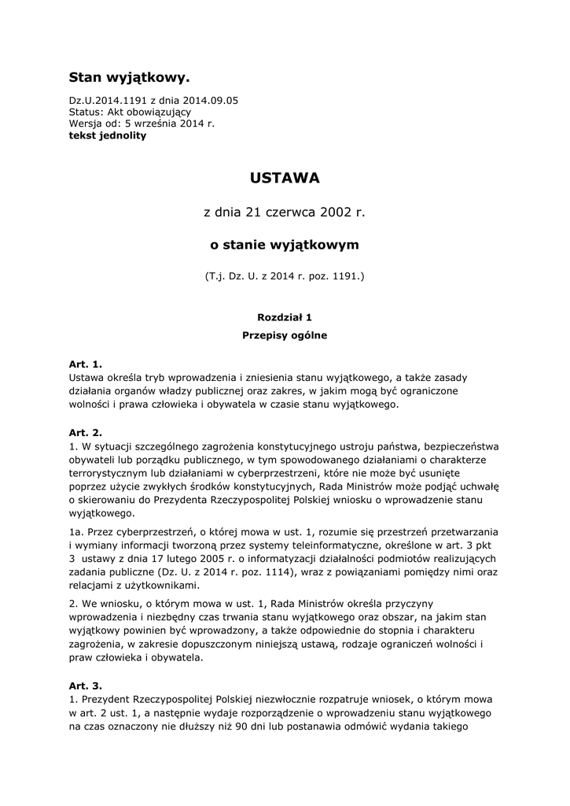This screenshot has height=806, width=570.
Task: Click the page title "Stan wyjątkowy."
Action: click(129, 77)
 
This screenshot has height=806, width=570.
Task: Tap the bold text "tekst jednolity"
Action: click(107, 135)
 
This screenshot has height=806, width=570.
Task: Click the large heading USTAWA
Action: click(285, 179)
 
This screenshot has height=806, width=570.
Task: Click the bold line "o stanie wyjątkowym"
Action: click(285, 245)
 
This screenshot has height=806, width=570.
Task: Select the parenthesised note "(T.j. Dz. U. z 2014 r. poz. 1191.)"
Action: click(285, 277)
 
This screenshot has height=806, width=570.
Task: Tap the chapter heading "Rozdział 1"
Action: click(285, 317)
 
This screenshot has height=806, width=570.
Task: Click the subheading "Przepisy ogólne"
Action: click(285, 335)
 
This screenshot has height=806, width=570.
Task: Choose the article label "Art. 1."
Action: click(86, 364)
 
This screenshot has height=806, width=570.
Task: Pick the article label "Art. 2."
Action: click(86, 432)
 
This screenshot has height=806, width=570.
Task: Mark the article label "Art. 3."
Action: click(86, 686)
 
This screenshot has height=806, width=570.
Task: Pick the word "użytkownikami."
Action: click(161, 586)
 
